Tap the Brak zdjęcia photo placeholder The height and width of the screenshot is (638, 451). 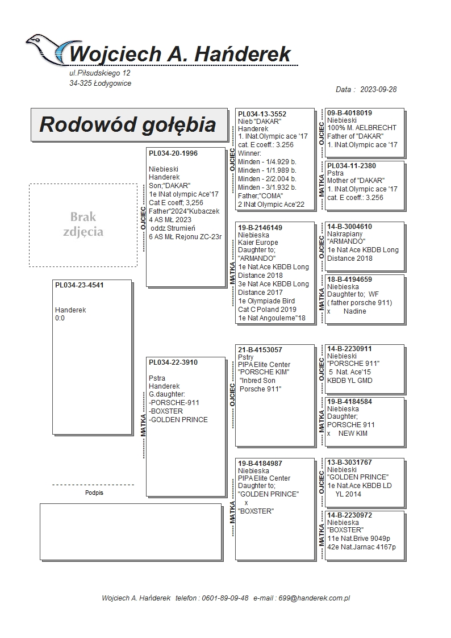[83, 224]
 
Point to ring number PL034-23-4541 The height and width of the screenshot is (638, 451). [79, 285]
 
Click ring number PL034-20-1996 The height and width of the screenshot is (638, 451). [173, 153]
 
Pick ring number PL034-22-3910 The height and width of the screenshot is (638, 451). [173, 362]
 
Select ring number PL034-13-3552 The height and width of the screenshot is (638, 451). [262, 114]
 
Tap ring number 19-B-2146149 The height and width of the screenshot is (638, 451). [260, 227]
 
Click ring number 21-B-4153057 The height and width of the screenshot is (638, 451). [260, 350]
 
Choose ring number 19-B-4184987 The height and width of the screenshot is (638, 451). [260, 464]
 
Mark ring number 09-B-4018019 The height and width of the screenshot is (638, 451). [349, 113]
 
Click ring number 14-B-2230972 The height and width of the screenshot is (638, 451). [349, 515]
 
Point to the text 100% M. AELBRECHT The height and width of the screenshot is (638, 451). [362, 128]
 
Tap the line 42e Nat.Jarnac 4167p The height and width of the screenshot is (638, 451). [361, 547]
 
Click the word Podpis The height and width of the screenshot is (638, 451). [94, 493]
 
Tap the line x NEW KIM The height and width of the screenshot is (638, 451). [347, 433]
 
